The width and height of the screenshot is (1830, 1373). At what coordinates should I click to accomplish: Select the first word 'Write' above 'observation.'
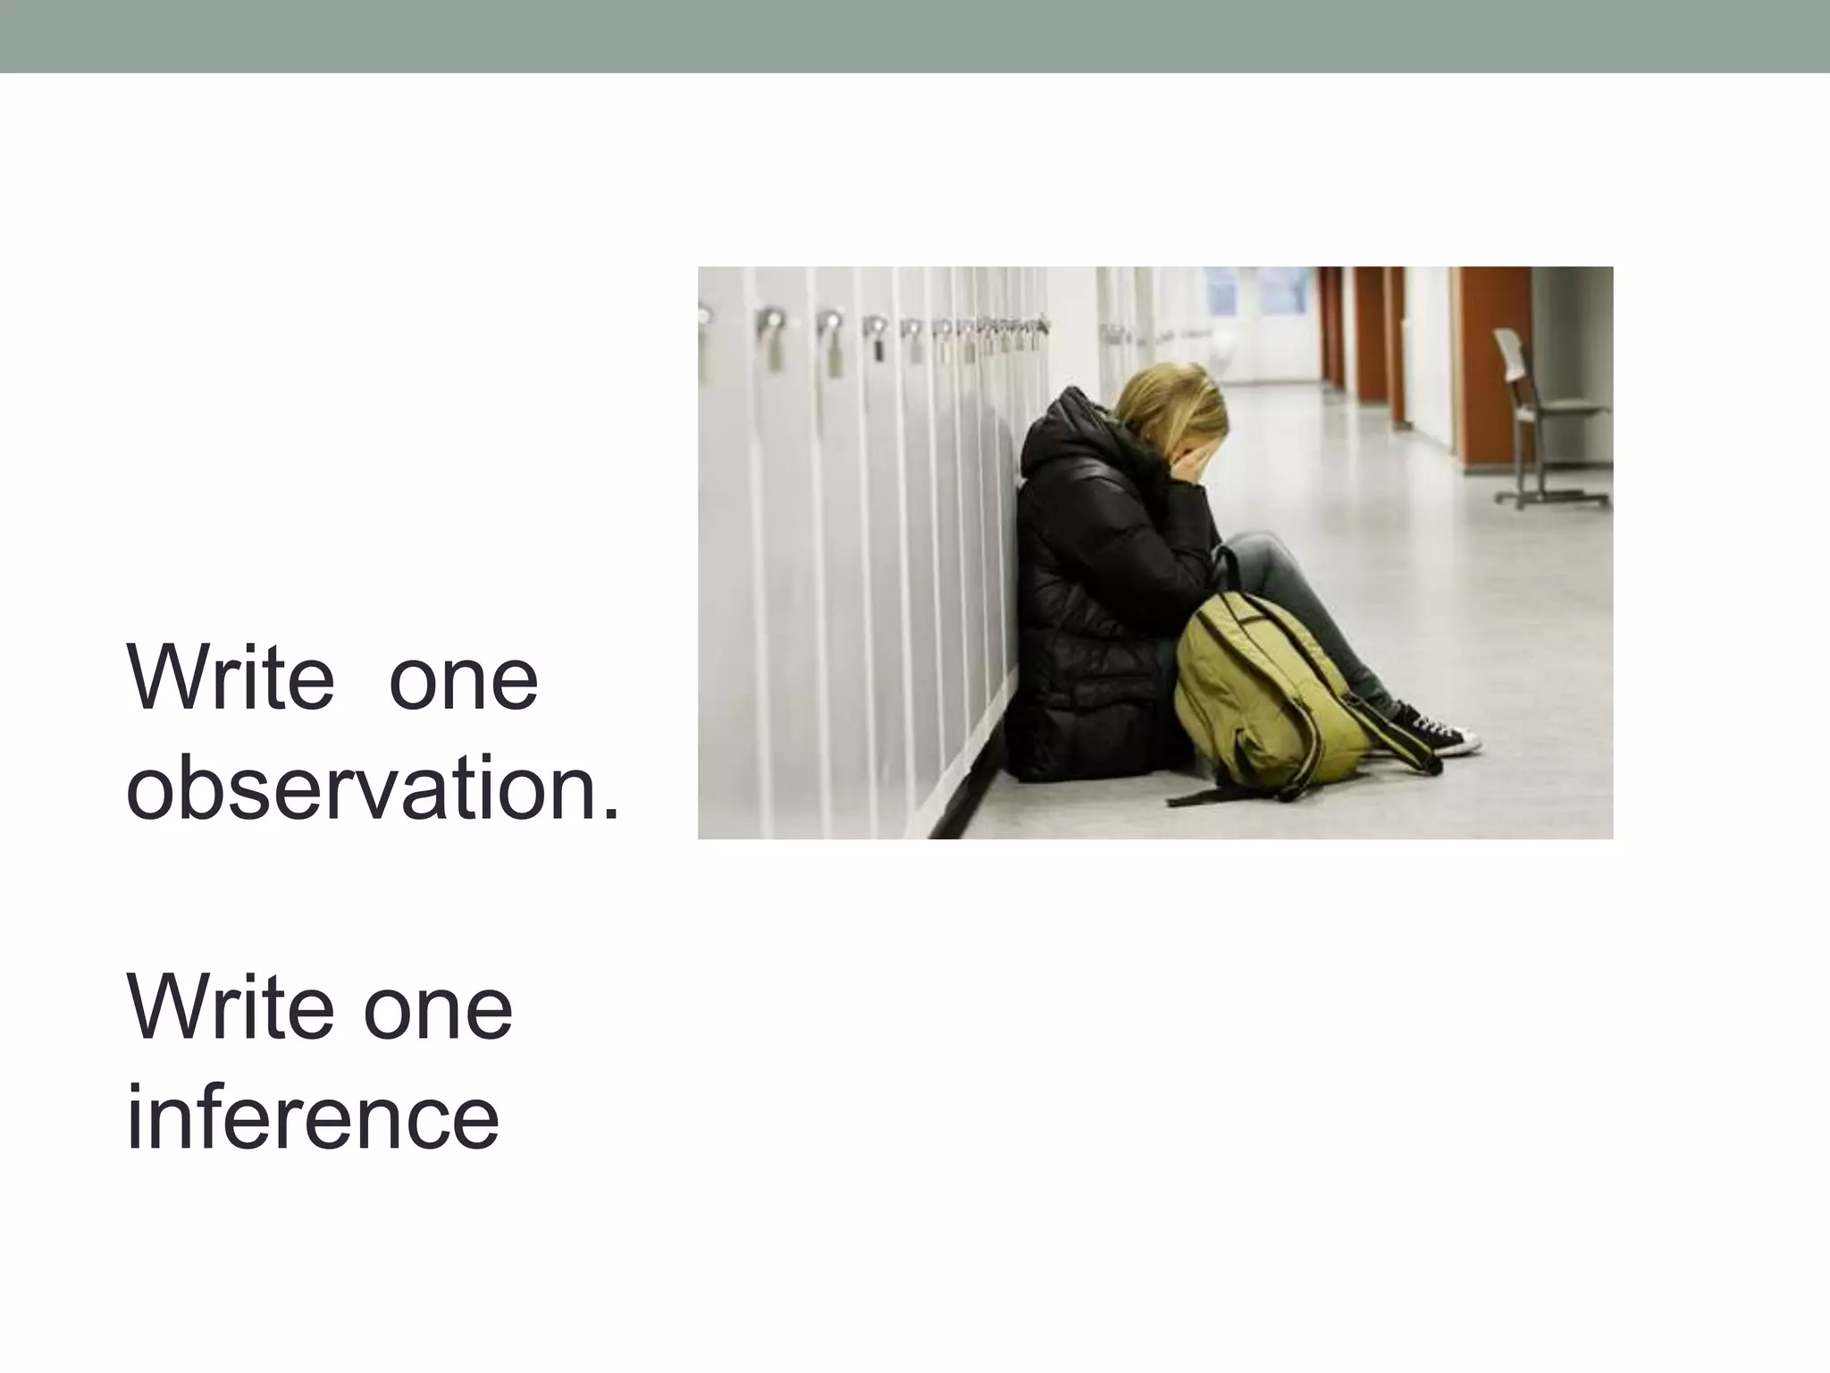pyautogui.click(x=231, y=678)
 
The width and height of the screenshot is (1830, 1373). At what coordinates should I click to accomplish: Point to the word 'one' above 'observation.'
pyautogui.click(x=464, y=678)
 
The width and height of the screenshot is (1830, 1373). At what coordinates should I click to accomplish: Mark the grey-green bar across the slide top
pyautogui.click(x=915, y=36)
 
